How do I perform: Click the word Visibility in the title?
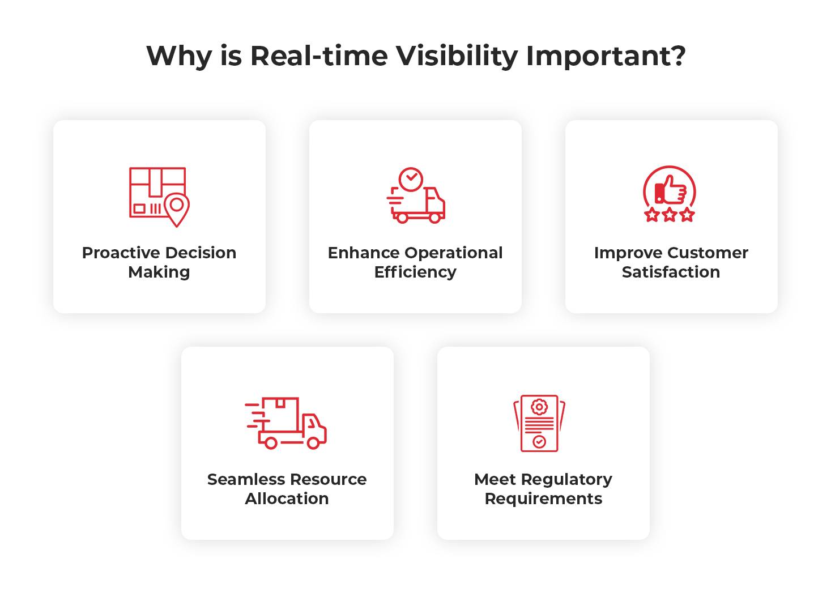point(457,56)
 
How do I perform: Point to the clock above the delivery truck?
point(411,179)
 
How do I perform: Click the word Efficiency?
point(415,272)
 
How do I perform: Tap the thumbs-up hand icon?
point(671,190)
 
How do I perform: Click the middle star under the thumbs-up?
point(670,215)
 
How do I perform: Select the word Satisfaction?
point(671,272)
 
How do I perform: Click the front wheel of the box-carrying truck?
point(313,442)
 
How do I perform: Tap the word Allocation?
point(287,499)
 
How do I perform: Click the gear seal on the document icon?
point(539,407)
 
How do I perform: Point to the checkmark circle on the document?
point(539,441)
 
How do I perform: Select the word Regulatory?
point(566,480)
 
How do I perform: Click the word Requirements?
point(543,499)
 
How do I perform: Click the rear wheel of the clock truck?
point(402,217)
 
